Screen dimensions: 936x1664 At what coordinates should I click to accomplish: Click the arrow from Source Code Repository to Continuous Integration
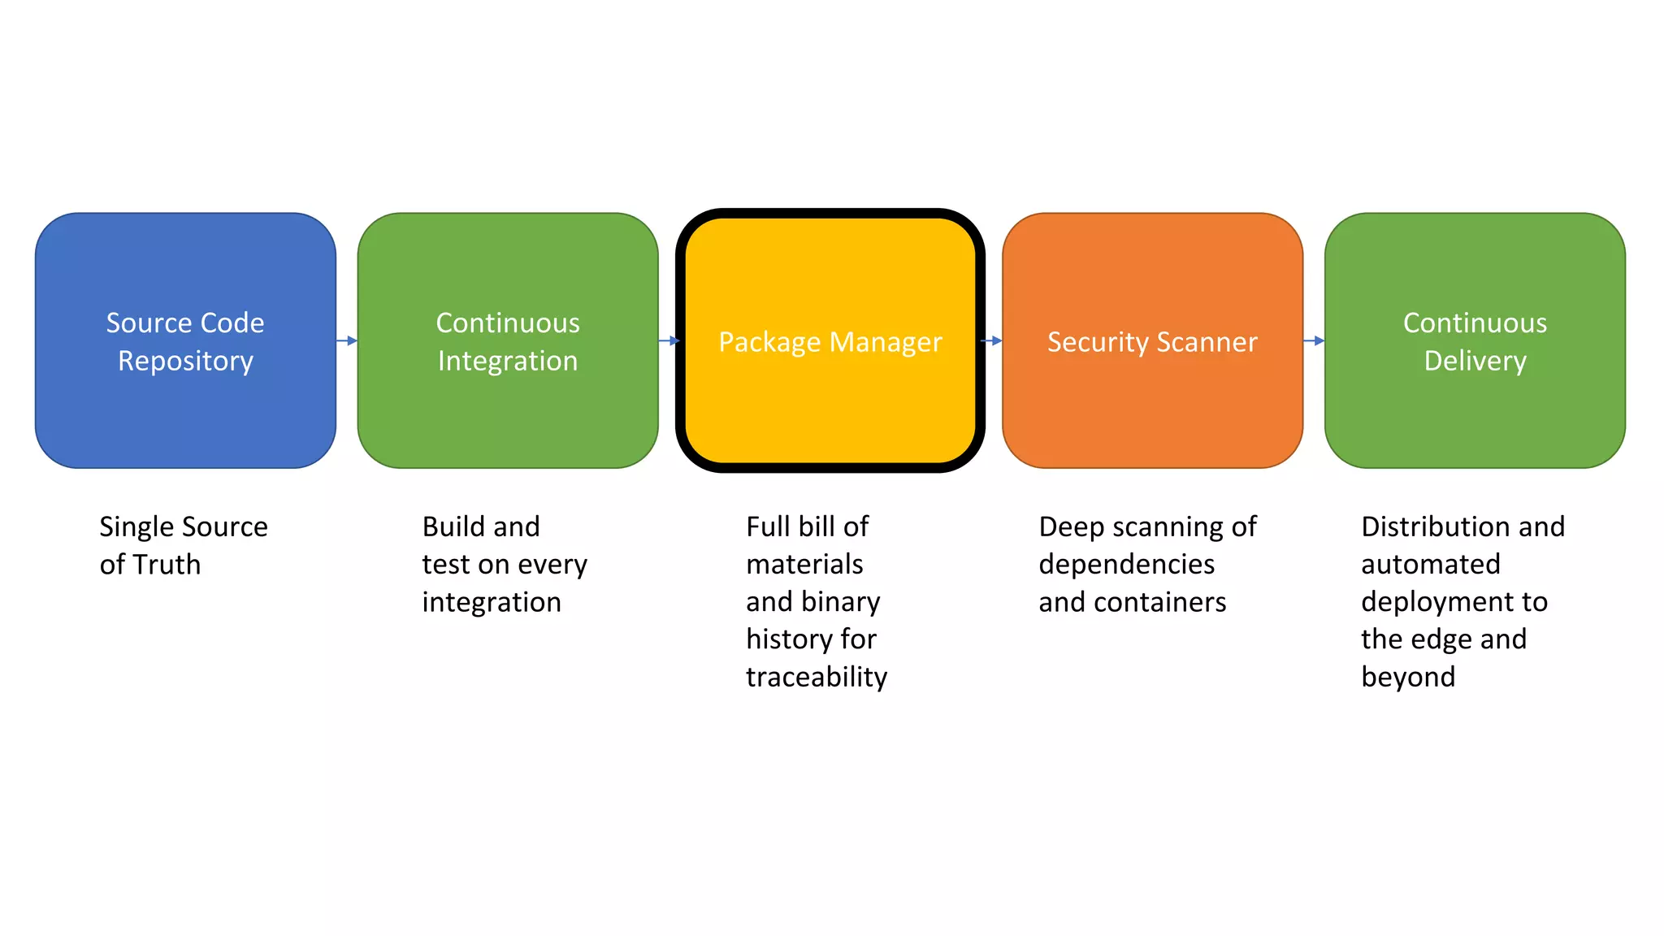[347, 340]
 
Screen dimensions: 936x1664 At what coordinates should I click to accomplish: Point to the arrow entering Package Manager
[669, 340]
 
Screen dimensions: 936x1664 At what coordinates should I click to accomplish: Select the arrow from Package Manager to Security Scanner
[992, 340]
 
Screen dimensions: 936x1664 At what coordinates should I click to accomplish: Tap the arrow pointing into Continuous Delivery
[1314, 340]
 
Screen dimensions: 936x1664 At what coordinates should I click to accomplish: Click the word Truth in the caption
[167, 564]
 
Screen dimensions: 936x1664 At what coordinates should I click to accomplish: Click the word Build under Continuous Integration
[453, 526]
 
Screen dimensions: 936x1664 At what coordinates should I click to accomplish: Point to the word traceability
[817, 677]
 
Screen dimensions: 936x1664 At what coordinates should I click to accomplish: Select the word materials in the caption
[804, 564]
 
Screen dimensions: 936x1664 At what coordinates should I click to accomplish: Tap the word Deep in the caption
[1071, 526]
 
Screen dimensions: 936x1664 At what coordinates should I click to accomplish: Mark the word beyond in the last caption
[1408, 677]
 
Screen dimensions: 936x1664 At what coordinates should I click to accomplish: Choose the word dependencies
[1126, 564]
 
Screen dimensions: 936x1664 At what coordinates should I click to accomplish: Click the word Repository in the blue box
[185, 361]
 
